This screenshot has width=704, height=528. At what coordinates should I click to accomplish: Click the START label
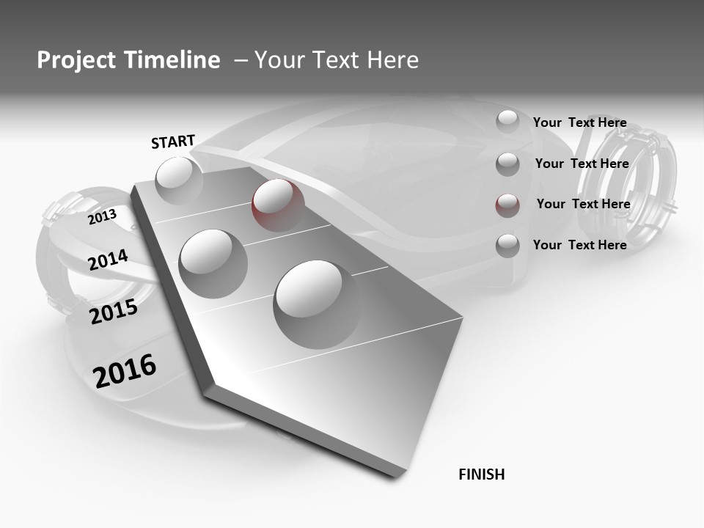pos(173,142)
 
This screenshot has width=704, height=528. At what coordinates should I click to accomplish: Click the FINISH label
pos(481,474)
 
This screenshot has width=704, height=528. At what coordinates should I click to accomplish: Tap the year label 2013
pos(102,217)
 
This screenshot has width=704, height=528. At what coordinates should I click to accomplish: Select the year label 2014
pos(108,260)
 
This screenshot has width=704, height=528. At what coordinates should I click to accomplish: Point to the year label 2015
pos(114,312)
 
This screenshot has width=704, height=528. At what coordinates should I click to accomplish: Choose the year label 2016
pos(125,371)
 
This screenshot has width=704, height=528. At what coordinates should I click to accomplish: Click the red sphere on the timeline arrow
pos(278,205)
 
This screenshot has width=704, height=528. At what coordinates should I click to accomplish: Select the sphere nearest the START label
pos(179,180)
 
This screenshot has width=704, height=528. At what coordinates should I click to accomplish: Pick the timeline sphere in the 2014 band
pos(213,263)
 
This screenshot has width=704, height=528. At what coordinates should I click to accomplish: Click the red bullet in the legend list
pos(507,205)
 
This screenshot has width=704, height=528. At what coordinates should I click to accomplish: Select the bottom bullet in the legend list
pos(507,246)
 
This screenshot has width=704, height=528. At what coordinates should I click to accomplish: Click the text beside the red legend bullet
pos(583,204)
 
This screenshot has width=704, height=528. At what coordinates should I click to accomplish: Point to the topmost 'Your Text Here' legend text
pos(579,122)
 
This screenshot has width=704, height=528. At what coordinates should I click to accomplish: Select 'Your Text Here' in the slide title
pos(337,60)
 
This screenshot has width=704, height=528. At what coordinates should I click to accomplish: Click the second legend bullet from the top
pos(507,164)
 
